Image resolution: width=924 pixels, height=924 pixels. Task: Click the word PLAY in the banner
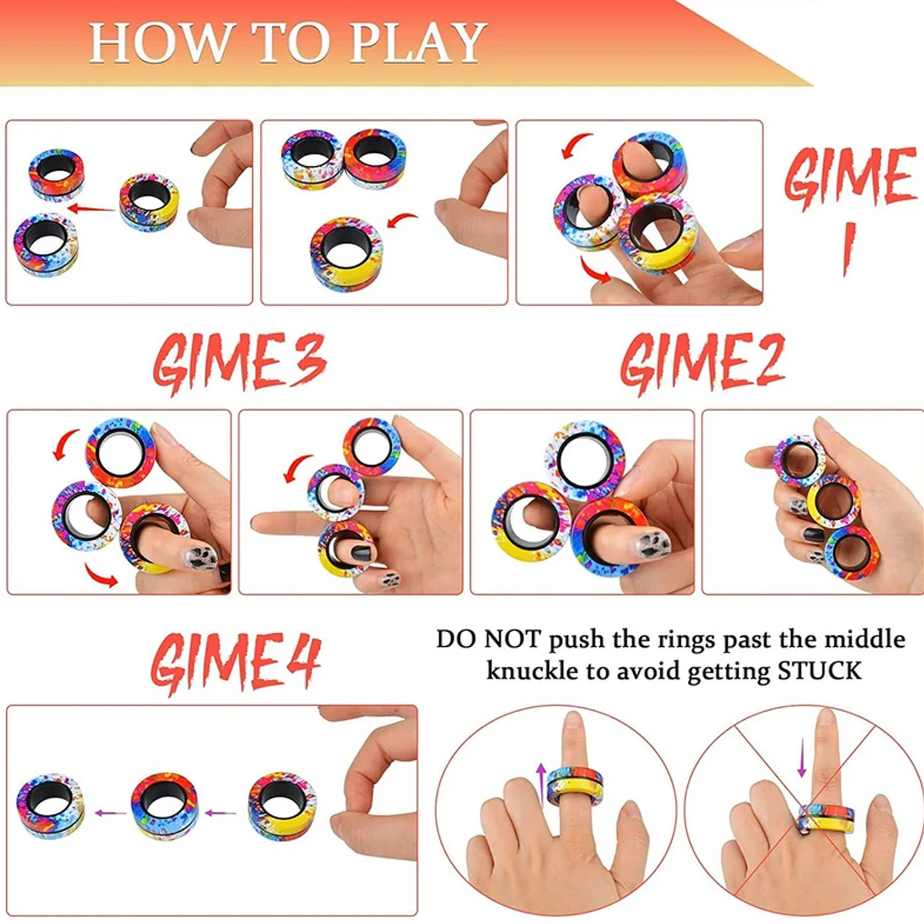[417, 43]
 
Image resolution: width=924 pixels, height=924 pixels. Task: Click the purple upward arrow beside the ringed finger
[541, 787]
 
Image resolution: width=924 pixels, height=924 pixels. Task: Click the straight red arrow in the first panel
[91, 208]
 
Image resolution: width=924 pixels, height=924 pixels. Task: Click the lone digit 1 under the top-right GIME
[849, 249]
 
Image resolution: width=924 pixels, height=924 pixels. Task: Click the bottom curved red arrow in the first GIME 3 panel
[102, 575]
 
